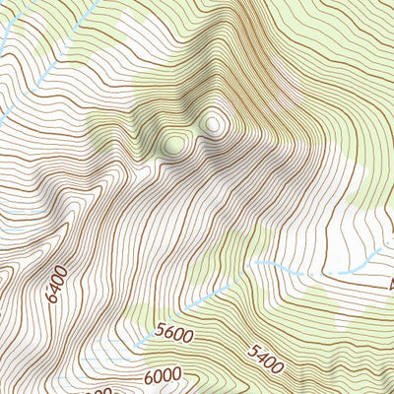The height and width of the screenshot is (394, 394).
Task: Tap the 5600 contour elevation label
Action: (174, 335)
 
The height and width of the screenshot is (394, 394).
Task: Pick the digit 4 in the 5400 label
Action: (261, 357)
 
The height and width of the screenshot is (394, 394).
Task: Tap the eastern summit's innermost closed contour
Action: (214, 124)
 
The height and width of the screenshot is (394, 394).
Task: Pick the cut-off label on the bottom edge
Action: (108, 389)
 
